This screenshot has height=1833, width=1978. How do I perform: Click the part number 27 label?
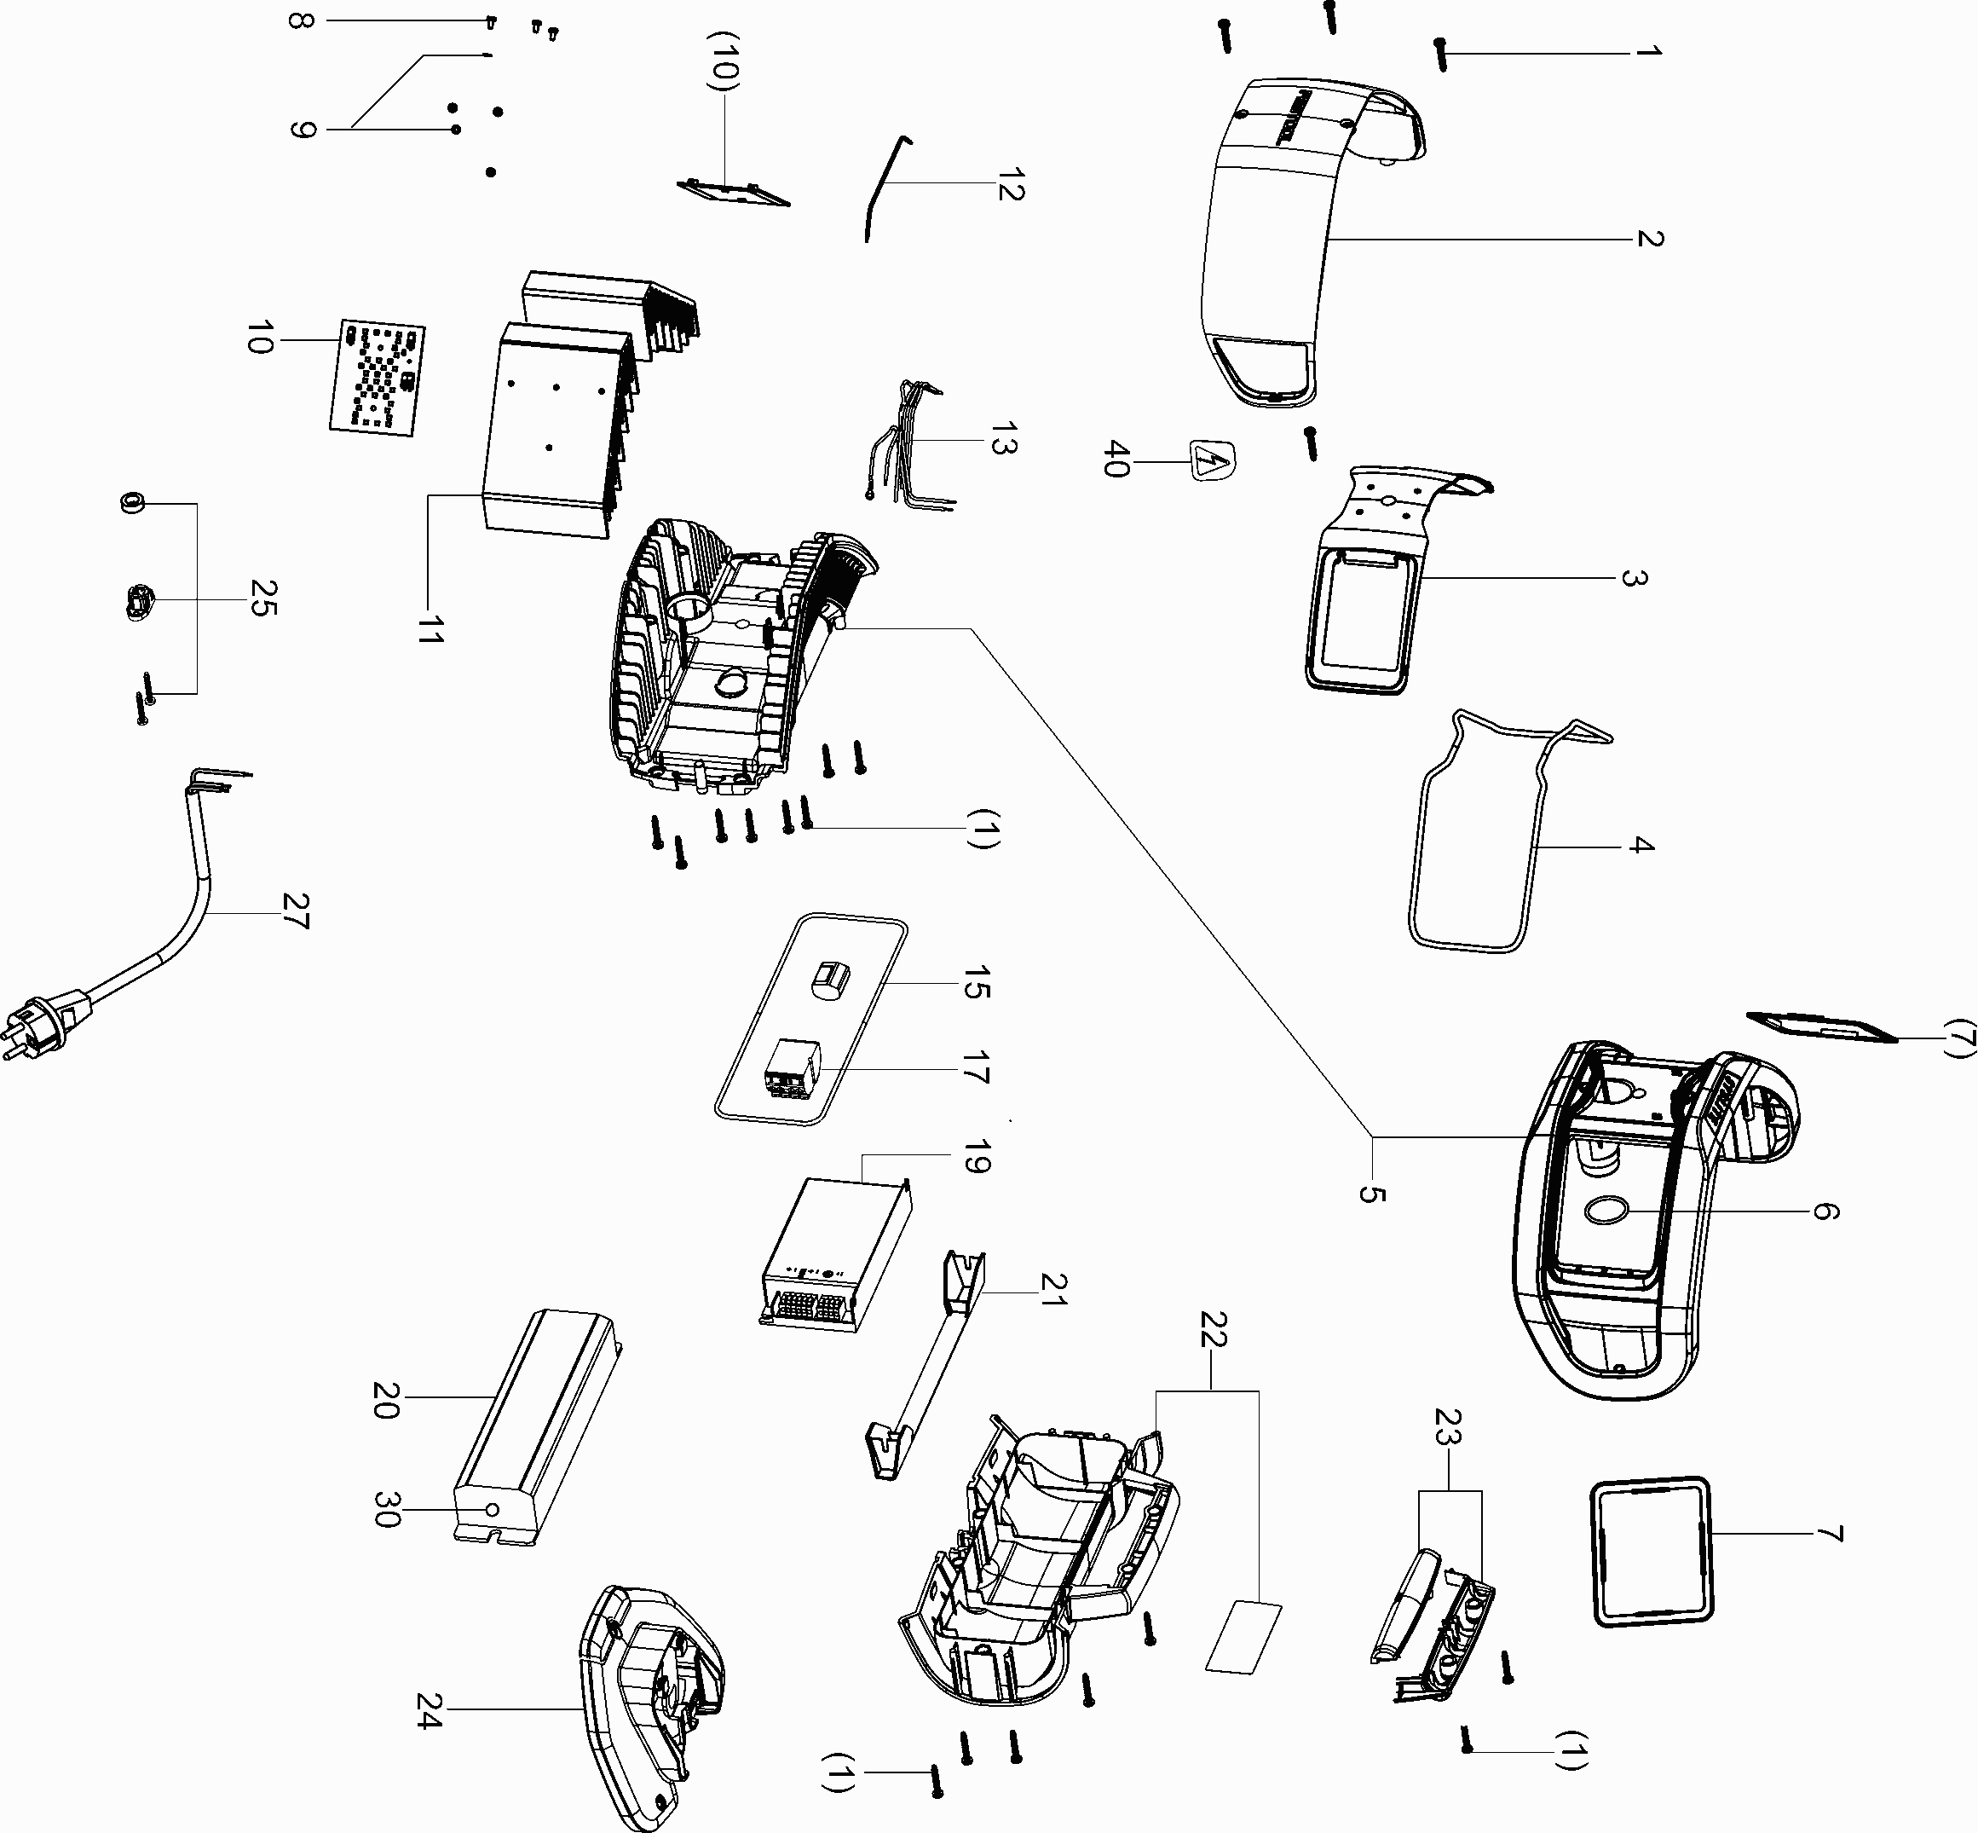tap(296, 911)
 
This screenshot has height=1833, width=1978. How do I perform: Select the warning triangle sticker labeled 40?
tap(1212, 461)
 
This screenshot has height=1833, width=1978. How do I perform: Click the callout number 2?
tap(1649, 238)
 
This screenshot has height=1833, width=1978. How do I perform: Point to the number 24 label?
tap(429, 1710)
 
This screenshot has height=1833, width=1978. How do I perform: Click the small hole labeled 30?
tap(492, 1509)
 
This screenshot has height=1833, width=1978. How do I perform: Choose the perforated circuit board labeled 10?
tap(377, 378)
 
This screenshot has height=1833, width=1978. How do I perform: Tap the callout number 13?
tap(1003, 439)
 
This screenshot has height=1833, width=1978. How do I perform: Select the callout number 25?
tap(262, 599)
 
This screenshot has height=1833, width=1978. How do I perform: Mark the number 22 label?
tap(1214, 1330)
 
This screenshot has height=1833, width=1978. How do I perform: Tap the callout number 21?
tap(1054, 1289)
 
